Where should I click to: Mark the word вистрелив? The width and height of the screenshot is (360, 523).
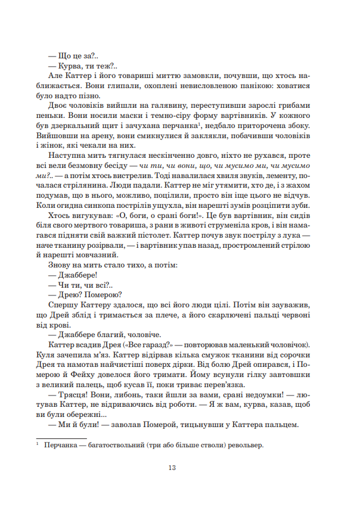(x=138, y=176)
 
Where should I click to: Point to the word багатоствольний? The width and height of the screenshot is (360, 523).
(x=123, y=444)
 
